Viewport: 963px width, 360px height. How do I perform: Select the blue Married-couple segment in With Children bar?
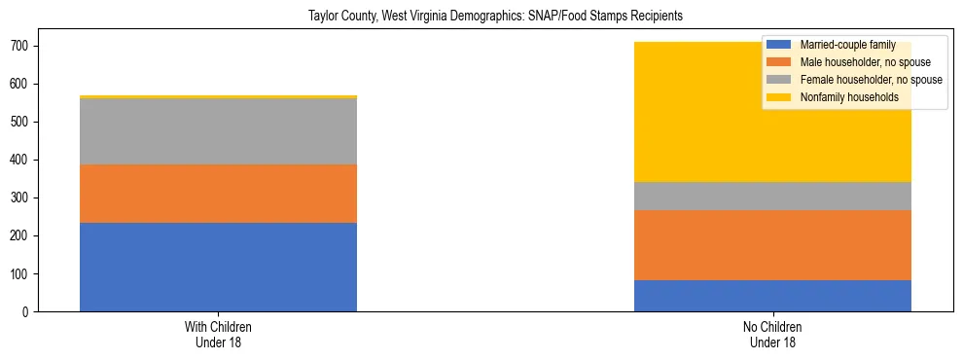point(218,267)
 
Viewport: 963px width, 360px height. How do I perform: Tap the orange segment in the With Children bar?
point(218,194)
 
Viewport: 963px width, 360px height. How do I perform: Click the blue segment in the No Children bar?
point(772,296)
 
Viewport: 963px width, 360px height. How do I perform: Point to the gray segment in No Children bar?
point(772,196)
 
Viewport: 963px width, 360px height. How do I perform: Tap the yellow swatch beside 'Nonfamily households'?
point(779,97)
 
